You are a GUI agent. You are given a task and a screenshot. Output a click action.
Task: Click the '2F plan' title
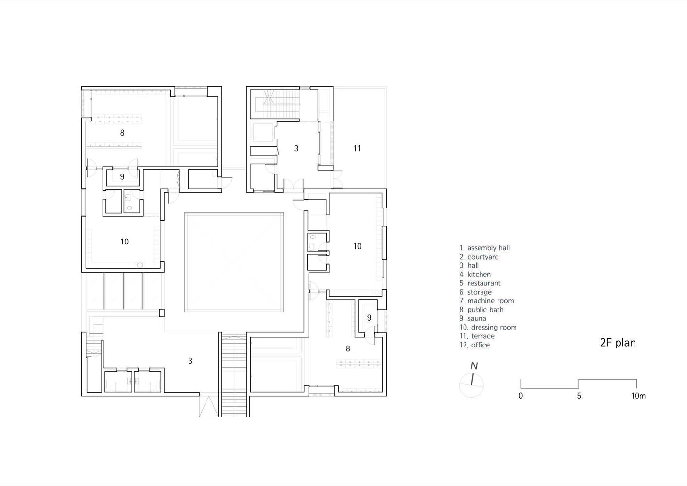point(618,343)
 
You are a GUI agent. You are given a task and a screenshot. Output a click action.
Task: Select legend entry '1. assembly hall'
point(484,248)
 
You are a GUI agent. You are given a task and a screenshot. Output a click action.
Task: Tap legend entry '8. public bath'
point(481,310)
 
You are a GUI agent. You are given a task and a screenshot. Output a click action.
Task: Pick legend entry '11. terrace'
point(477,336)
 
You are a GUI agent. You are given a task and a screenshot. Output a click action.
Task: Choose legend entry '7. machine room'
point(486,301)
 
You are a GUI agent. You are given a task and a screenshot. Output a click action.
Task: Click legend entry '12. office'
point(475,345)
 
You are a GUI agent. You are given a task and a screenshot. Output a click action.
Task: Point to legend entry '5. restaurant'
point(480,283)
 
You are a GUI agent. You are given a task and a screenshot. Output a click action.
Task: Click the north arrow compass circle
point(471,385)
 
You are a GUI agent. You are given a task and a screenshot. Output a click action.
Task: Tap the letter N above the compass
point(474,366)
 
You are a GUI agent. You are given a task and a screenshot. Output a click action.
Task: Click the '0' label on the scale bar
point(521,396)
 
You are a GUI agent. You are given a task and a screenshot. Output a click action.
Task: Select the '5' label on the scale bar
point(579,396)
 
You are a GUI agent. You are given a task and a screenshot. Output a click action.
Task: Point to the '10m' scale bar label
point(638,396)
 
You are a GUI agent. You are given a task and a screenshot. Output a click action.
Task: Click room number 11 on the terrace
point(357,149)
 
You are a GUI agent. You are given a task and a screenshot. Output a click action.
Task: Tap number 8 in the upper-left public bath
point(122,133)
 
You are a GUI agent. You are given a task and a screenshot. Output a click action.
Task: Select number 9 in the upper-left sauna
point(122,177)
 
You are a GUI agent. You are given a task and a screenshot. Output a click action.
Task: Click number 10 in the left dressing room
point(124,242)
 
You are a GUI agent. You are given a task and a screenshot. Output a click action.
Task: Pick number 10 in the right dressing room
point(357,246)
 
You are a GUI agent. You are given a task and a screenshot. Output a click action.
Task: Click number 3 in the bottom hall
point(190,361)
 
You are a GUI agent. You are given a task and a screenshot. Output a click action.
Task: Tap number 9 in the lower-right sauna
point(369,318)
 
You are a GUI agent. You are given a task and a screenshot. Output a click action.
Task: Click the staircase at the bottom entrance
point(234,376)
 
